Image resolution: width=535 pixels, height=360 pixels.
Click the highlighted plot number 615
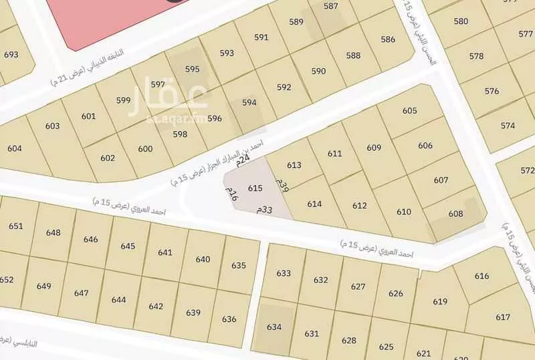tap(255, 189)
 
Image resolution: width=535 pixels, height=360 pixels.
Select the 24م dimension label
tap(244, 159)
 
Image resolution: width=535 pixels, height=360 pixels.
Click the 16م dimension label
tap(231, 194)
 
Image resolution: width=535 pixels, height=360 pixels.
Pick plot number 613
tap(294, 165)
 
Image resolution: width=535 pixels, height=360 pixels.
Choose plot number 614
tap(315, 204)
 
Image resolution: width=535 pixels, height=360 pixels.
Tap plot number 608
tap(455, 213)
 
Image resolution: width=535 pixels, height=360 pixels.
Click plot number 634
tap(274, 327)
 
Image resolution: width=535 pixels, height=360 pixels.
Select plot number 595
tap(193, 69)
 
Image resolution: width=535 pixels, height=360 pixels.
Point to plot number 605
tap(410, 110)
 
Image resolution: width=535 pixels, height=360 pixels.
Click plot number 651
tap(15, 226)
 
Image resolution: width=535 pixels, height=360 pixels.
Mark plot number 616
tap(482, 276)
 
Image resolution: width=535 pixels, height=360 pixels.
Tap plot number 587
tap(330, 6)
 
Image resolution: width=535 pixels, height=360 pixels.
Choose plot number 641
tap(165, 252)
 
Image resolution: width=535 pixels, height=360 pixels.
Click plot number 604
tap(15, 148)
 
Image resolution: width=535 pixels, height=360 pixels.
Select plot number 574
tap(508, 125)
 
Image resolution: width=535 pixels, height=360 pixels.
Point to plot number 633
tap(284, 273)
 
